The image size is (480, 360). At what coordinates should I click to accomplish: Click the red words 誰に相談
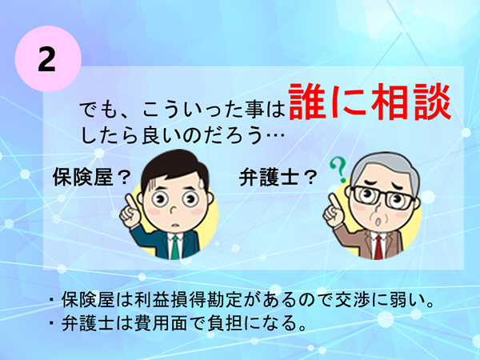click(x=365, y=103)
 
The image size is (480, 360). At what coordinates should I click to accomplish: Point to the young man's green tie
click(x=172, y=245)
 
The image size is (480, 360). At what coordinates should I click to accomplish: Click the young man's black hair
click(x=172, y=164)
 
